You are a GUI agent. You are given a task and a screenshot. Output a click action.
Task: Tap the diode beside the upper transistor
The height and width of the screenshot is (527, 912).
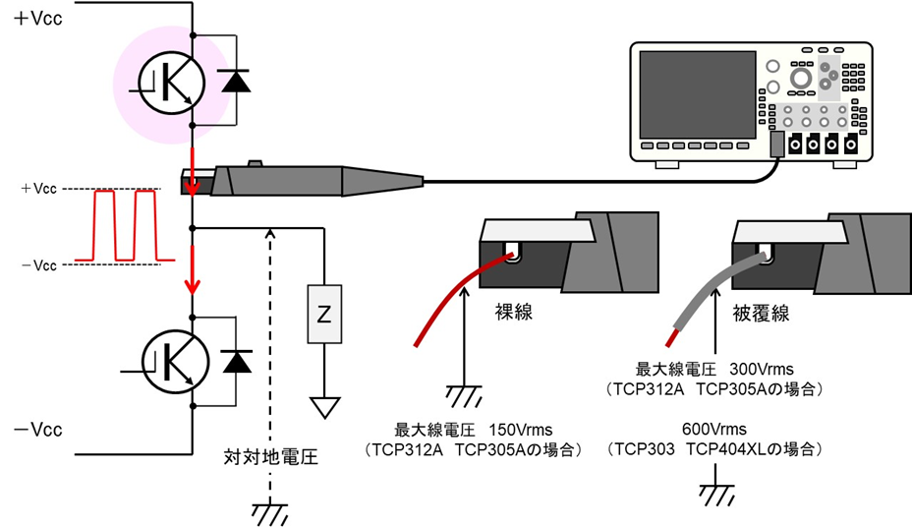(x=236, y=82)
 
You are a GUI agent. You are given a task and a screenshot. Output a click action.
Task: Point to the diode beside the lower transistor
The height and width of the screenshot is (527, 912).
(x=236, y=361)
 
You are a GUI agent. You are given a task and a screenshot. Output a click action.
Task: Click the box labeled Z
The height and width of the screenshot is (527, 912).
(x=323, y=314)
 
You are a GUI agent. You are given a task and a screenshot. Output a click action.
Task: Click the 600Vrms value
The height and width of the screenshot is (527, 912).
(x=713, y=430)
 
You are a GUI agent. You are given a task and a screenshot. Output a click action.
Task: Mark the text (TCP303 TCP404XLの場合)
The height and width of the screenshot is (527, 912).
(x=713, y=449)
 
